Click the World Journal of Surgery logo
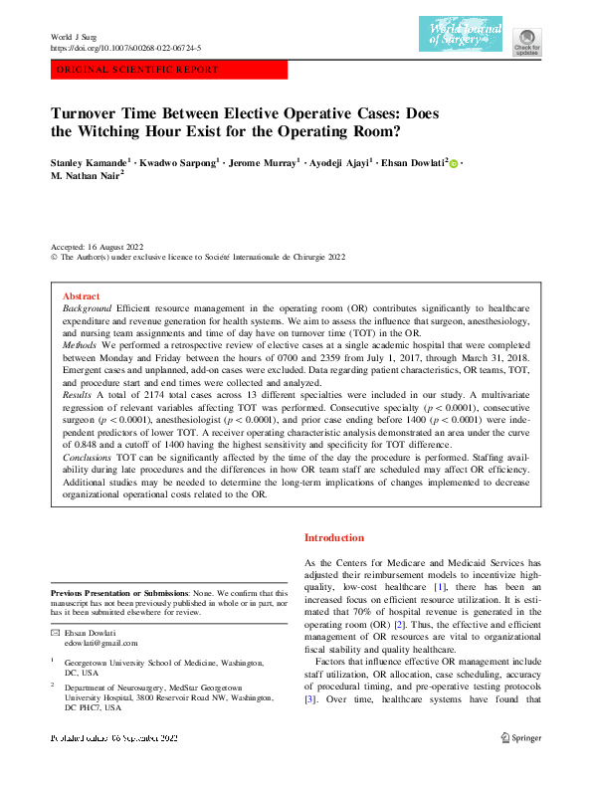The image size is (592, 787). click(x=461, y=34)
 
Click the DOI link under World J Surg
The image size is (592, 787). click(x=125, y=48)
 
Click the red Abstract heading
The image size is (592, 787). click(x=81, y=296)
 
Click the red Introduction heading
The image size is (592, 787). click(x=333, y=537)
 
